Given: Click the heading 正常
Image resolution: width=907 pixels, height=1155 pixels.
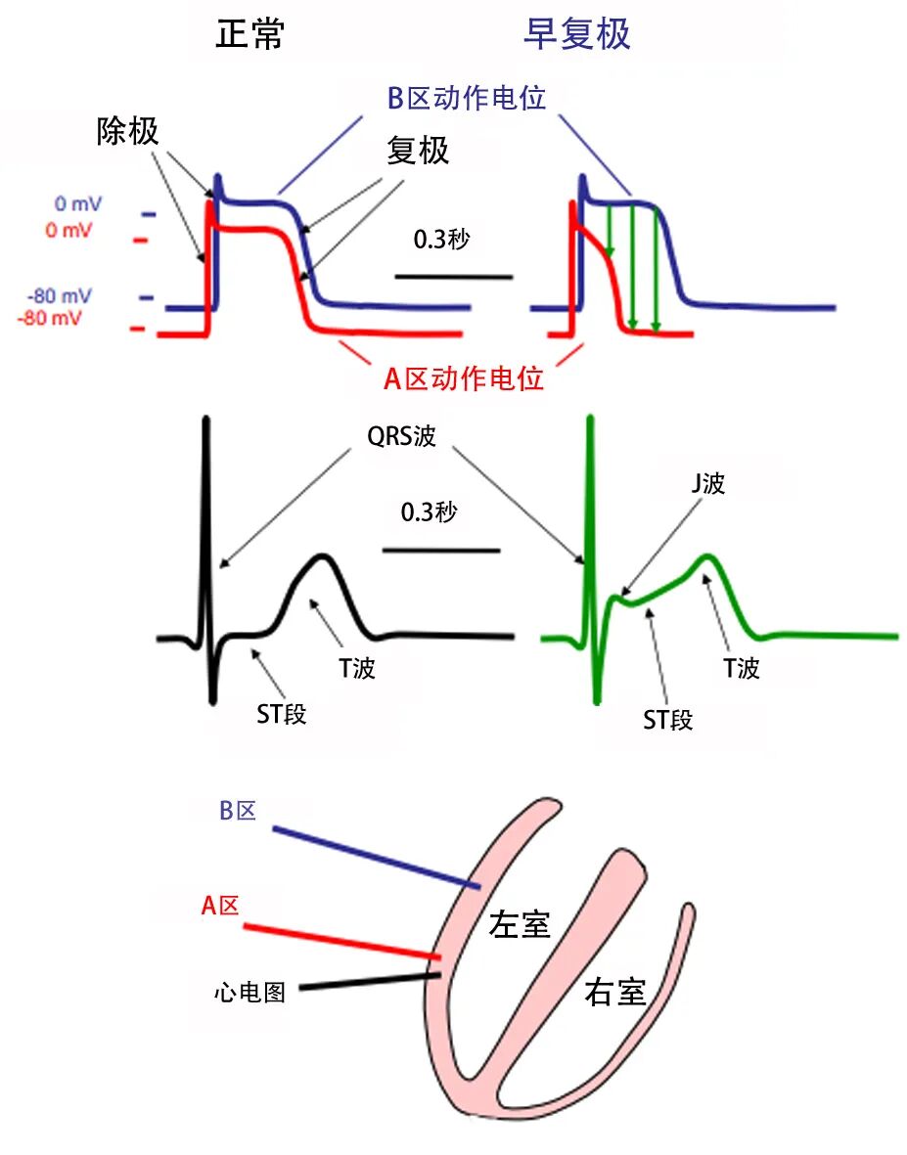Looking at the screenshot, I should pyautogui.click(x=250, y=34).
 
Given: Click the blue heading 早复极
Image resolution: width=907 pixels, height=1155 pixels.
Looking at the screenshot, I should pyautogui.click(x=576, y=34).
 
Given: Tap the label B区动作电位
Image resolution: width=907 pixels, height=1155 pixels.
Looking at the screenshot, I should pyautogui.click(x=466, y=99).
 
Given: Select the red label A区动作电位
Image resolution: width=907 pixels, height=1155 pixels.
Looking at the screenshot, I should pyautogui.click(x=463, y=379).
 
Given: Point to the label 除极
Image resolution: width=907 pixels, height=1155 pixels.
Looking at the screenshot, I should pyautogui.click(x=127, y=131).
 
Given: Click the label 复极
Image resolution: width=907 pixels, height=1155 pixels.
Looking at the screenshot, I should pyautogui.click(x=418, y=151).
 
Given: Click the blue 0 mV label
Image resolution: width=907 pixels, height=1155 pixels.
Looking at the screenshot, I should pyautogui.click(x=78, y=204).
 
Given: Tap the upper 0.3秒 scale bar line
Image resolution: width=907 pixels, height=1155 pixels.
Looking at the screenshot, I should pyautogui.click(x=453, y=277).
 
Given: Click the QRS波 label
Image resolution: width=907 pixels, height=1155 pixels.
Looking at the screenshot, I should pyautogui.click(x=401, y=437).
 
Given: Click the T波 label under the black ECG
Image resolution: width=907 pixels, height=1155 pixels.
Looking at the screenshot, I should pyautogui.click(x=357, y=669).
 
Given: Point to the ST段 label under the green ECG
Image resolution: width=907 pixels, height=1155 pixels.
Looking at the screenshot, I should pyautogui.click(x=668, y=722).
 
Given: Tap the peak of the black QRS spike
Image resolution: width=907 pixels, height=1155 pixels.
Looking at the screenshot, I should pyautogui.click(x=205, y=421).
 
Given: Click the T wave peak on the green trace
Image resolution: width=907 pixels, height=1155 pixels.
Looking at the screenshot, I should pyautogui.click(x=706, y=556).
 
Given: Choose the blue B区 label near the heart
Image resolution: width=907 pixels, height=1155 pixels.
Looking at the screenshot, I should pyautogui.click(x=237, y=810).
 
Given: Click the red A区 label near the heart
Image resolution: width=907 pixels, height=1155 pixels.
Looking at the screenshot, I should pyautogui.click(x=220, y=906).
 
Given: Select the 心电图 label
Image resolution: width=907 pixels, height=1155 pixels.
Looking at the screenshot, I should pyautogui.click(x=249, y=993).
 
